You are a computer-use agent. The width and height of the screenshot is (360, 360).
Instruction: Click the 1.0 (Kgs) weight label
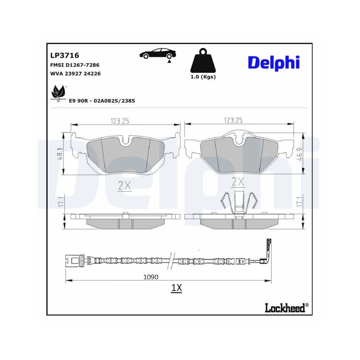203,77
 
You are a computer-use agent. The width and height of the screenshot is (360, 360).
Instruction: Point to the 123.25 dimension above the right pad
234,120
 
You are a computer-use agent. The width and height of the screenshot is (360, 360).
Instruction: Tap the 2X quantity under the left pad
125,185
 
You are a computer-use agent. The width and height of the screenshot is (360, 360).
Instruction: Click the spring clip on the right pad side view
238,203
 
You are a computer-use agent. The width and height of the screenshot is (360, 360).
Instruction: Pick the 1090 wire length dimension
151,277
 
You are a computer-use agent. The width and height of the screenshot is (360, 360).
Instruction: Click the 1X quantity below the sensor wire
176,288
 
